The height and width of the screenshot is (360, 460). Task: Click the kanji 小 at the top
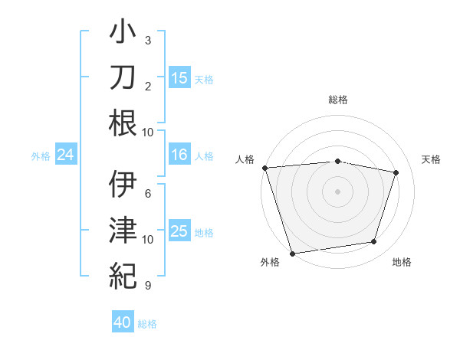[x=123, y=34]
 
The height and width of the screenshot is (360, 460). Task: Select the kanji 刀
[x=123, y=78]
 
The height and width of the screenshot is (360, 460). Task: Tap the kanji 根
[x=123, y=123]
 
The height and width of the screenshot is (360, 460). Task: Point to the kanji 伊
[x=123, y=184]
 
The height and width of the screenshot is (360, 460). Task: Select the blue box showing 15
[x=179, y=77]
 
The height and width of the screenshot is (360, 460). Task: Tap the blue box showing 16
[x=179, y=155]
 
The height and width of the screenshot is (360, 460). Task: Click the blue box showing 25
[x=179, y=231]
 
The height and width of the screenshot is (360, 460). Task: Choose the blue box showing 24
[x=66, y=155]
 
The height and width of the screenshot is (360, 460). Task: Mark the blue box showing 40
[x=123, y=323]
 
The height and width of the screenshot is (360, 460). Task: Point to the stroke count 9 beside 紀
[x=148, y=286]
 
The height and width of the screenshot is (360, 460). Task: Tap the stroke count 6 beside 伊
[x=148, y=193]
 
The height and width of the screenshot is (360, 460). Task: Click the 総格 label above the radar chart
[x=337, y=100]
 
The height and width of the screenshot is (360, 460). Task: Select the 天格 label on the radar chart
[x=431, y=159]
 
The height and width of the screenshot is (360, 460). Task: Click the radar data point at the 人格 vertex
[x=264, y=168]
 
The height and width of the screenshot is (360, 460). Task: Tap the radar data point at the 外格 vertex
[x=293, y=253]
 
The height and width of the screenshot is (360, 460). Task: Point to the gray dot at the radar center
[x=337, y=191]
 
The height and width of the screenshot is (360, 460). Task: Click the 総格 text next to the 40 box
[x=147, y=324]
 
